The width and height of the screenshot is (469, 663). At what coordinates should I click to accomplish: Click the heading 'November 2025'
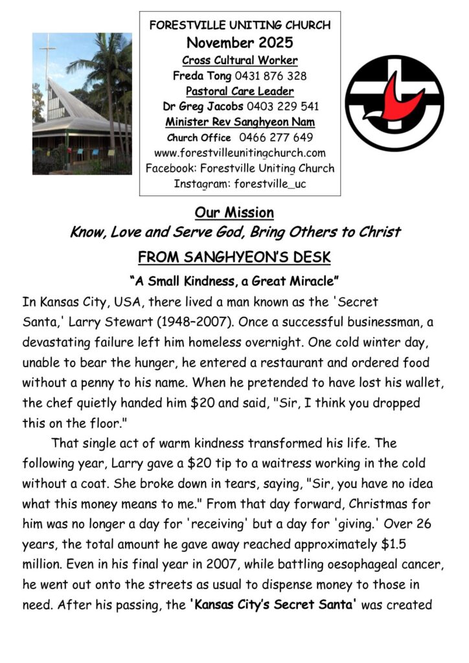click(x=240, y=43)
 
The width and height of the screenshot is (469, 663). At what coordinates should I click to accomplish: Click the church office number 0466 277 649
click(x=276, y=137)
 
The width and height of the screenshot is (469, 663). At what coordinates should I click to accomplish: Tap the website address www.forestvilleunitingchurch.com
click(x=240, y=153)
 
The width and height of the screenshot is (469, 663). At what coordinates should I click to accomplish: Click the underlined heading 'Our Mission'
click(x=234, y=213)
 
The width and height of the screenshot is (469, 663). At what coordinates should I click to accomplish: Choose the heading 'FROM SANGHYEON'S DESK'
click(x=234, y=258)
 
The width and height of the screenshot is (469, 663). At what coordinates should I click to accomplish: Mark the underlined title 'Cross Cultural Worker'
click(x=240, y=60)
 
